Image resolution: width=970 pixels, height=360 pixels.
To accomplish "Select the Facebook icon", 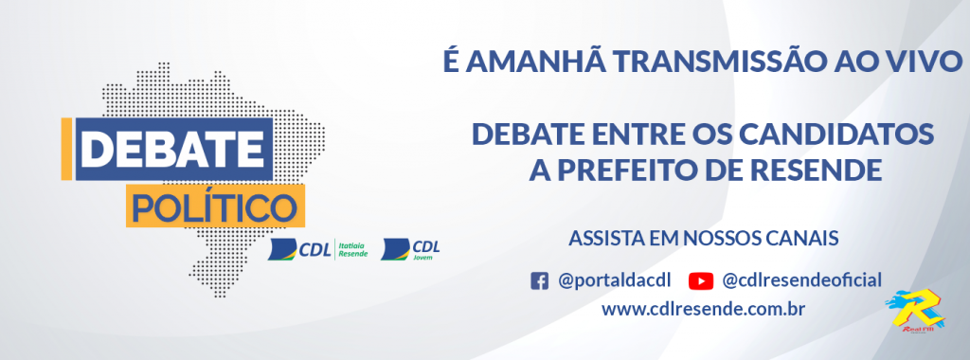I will [x=540, y=280].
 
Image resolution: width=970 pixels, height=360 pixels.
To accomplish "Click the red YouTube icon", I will [x=701, y=280].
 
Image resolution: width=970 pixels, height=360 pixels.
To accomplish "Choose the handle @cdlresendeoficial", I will [x=801, y=280].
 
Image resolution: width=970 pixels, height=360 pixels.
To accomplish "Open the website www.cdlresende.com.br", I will [x=703, y=310].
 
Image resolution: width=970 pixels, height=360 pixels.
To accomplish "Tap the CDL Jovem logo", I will [x=410, y=249].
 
